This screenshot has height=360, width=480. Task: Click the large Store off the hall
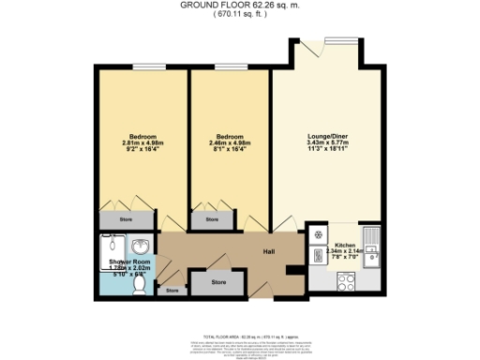coord(217,281)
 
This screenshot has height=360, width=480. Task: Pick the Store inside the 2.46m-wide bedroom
coord(212,220)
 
